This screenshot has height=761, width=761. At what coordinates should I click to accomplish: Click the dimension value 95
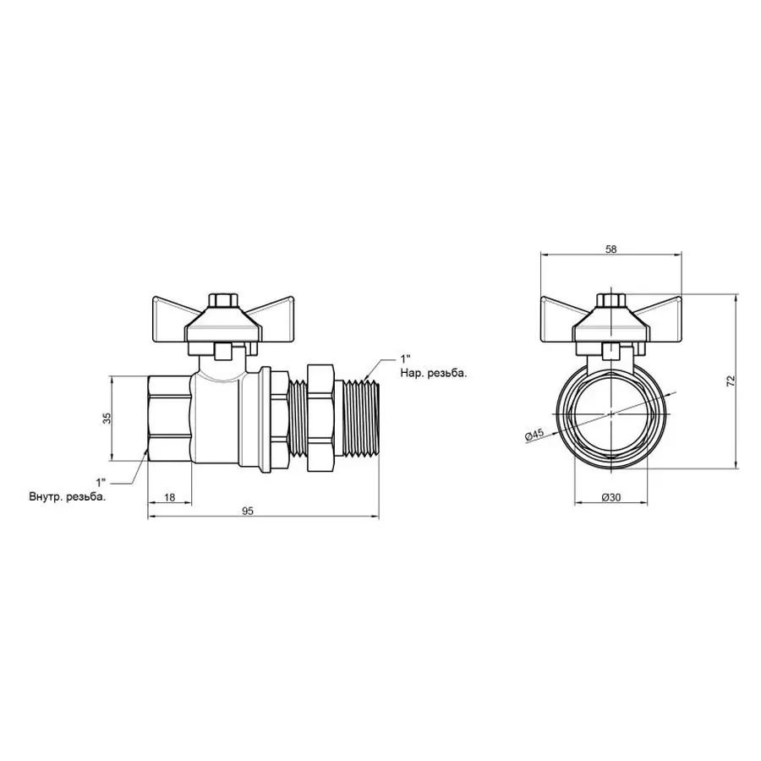pos(249,510)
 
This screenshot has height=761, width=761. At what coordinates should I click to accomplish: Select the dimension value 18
pos(169,497)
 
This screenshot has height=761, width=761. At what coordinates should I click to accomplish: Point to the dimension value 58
pos(611,249)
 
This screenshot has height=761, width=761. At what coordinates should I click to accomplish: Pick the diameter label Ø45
pos(534,435)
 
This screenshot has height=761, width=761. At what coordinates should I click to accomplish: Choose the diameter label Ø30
pos(611,497)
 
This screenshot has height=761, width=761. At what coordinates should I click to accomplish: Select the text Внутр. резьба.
pos(68,497)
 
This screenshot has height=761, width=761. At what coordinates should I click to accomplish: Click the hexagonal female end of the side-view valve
pos(169,418)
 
